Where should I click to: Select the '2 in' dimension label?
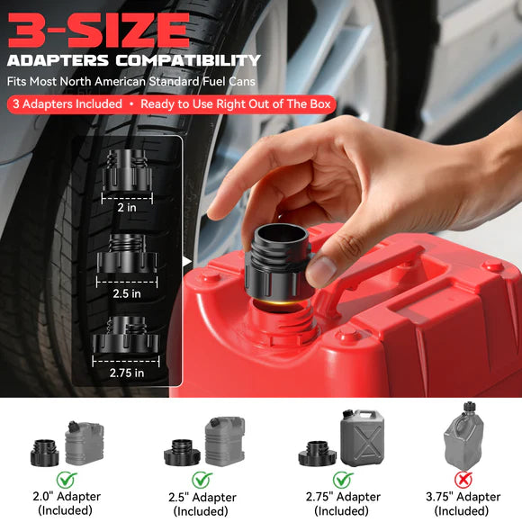126,206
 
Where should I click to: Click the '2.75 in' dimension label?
126,372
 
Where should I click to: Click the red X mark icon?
463,479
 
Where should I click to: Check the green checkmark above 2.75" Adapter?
342,479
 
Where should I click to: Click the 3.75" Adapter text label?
463,497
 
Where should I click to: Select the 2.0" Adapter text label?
65,497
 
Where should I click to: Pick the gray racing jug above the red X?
463,437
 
